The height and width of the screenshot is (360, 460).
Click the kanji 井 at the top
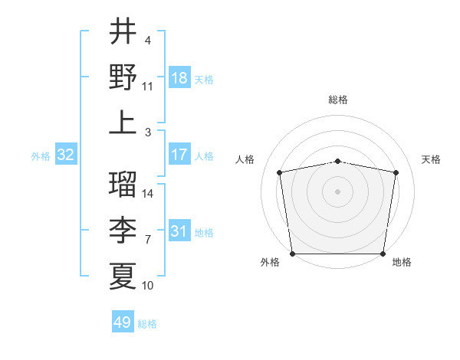coord(123,32)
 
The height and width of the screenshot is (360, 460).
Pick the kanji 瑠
coord(123,185)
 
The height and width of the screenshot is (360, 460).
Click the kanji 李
coord(123,229)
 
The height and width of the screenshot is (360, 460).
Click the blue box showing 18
coord(179,77)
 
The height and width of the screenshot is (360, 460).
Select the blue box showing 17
coord(179,155)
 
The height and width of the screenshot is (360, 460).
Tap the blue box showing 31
coord(179,232)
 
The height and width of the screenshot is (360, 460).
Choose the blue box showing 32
coord(66,155)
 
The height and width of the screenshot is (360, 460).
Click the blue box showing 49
coord(123,322)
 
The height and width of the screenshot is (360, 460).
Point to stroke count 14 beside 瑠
coord(148,194)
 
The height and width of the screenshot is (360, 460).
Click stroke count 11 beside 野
coord(148,86)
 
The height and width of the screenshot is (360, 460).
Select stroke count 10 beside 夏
coord(148,286)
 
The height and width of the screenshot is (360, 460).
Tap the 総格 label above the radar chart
coord(338,100)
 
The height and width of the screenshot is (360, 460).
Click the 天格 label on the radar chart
coord(431,159)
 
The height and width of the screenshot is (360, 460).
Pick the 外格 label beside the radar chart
coord(270,263)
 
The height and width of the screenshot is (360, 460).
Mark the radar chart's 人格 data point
coord(280,172)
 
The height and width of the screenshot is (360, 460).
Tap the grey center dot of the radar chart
coord(338,191)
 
